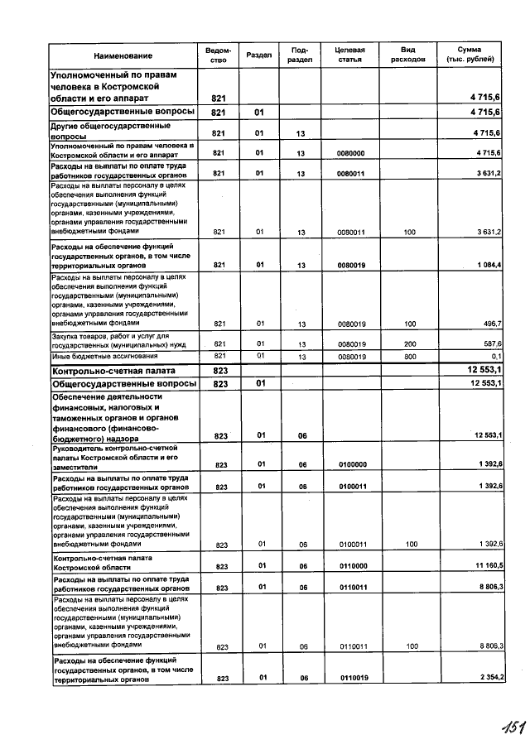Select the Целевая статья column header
point(349,55)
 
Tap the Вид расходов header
point(407,55)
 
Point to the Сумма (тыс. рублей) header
point(469,55)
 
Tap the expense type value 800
point(409,356)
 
